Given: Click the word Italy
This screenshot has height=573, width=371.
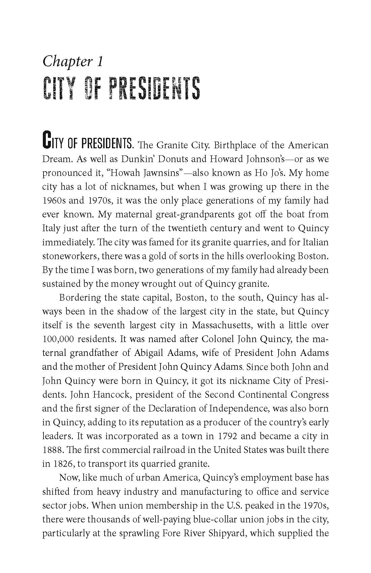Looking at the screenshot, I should pos(51,228).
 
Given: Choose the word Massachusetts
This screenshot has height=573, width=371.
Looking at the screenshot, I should pos(222,325).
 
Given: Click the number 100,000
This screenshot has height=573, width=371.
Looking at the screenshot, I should pos(58,339).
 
